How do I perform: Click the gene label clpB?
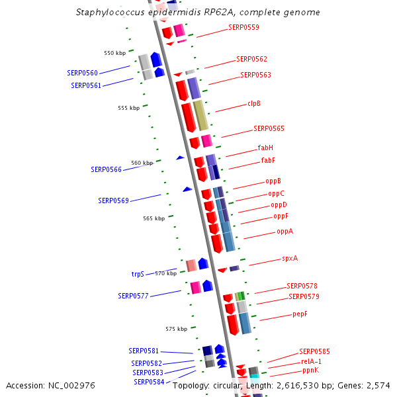(x=254, y=103)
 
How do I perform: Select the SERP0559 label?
(x=243, y=28)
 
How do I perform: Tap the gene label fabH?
(x=265, y=148)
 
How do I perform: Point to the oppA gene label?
(x=285, y=232)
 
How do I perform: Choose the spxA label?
(x=290, y=259)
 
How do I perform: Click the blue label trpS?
(x=138, y=274)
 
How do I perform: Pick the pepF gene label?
(x=300, y=314)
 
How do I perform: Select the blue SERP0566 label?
(x=106, y=170)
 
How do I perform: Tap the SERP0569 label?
(x=113, y=200)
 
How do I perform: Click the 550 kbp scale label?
(x=114, y=53)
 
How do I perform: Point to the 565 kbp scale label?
(x=154, y=218)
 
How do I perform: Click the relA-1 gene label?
(x=311, y=361)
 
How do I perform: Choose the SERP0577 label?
(x=133, y=296)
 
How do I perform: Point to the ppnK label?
(x=310, y=371)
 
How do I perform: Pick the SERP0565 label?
(x=269, y=128)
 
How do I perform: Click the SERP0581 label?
(x=144, y=351)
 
